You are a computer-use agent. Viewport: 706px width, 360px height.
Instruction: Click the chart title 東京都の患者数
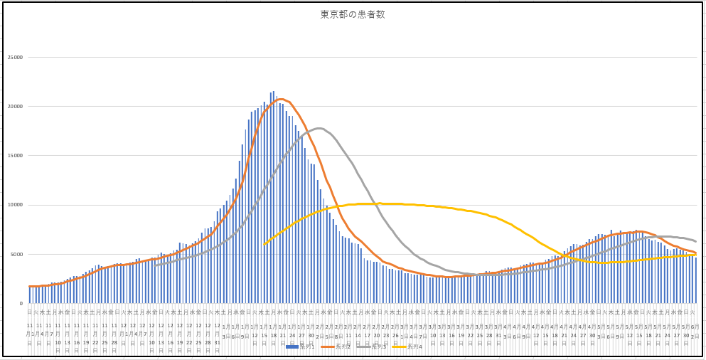click(353, 14)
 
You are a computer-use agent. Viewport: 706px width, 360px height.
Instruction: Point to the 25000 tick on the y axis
click(14, 57)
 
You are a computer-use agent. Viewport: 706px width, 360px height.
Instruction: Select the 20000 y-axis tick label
click(14, 107)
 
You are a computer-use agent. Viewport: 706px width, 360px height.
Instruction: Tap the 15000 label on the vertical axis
click(14, 156)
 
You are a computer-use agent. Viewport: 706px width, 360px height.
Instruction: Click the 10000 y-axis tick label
click(14, 205)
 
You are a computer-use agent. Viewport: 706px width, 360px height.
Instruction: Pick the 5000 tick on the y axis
click(16, 254)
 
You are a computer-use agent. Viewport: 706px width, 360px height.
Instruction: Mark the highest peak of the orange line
click(281, 99)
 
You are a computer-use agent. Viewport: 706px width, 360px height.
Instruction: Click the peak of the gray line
click(319, 128)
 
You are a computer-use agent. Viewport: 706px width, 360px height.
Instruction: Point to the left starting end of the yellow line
click(264, 245)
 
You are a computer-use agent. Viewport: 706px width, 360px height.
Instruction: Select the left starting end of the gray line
click(155, 265)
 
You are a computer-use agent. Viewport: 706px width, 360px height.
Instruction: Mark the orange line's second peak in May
click(638, 231)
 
